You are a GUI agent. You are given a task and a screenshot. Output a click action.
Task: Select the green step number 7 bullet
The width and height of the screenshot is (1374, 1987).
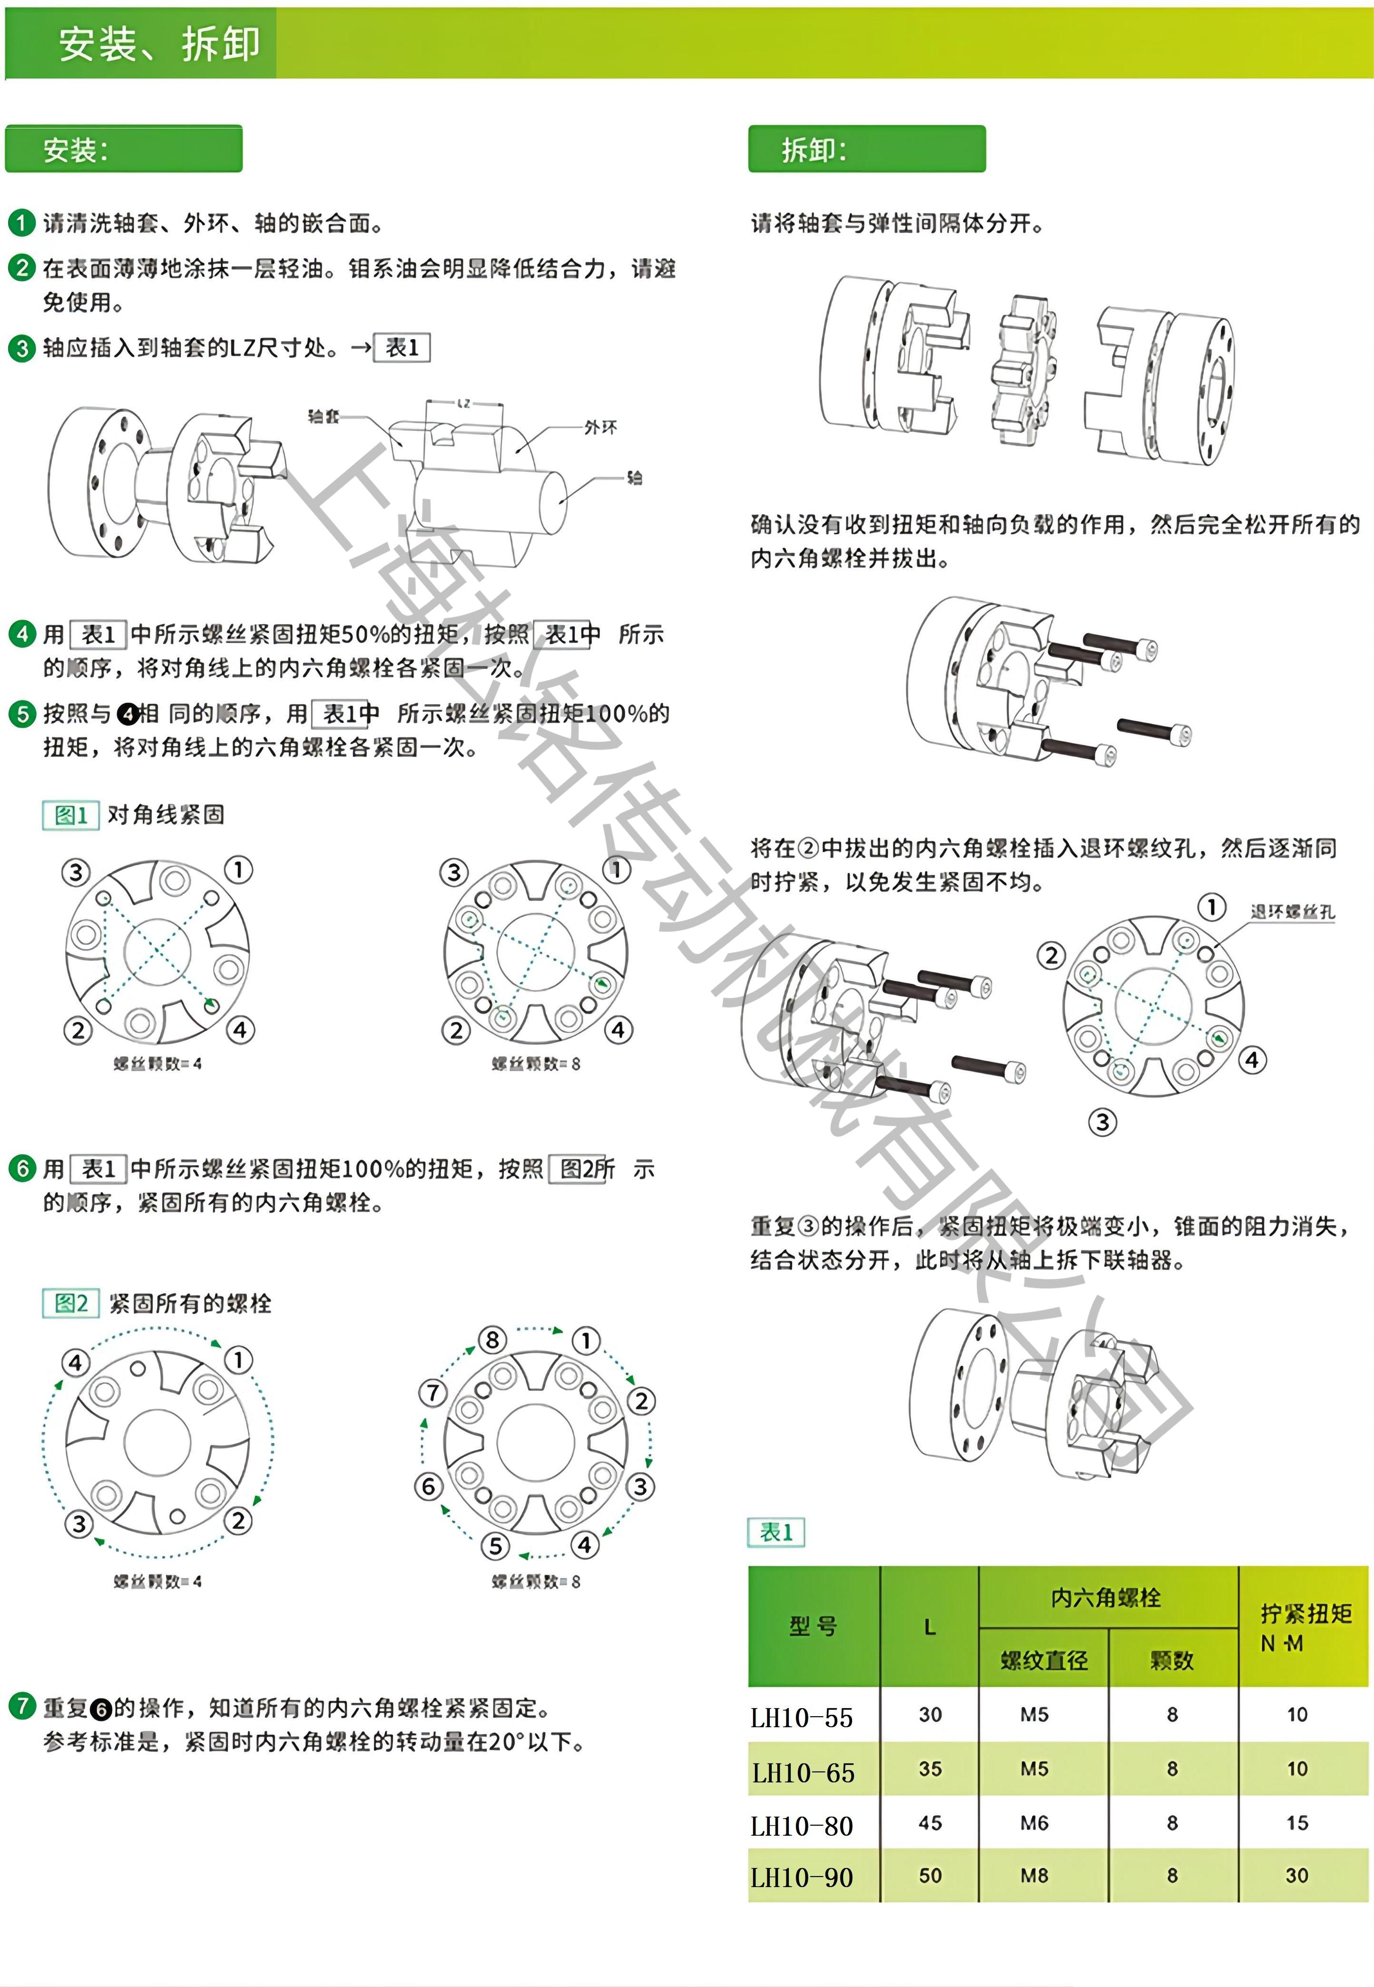(x=21, y=1705)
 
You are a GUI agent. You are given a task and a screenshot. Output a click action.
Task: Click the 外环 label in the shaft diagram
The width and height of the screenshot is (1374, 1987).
(x=600, y=427)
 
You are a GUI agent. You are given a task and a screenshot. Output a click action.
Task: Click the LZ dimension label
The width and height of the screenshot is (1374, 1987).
(x=464, y=403)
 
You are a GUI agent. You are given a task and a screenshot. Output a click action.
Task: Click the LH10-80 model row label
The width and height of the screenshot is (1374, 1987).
(x=802, y=1825)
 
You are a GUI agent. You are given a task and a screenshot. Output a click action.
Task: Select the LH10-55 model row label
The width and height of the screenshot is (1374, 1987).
(x=802, y=1718)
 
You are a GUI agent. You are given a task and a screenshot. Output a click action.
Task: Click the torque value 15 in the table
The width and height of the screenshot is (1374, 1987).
(x=1296, y=1822)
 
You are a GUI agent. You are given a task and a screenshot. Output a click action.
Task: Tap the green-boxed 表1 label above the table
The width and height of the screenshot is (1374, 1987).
(x=775, y=1532)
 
